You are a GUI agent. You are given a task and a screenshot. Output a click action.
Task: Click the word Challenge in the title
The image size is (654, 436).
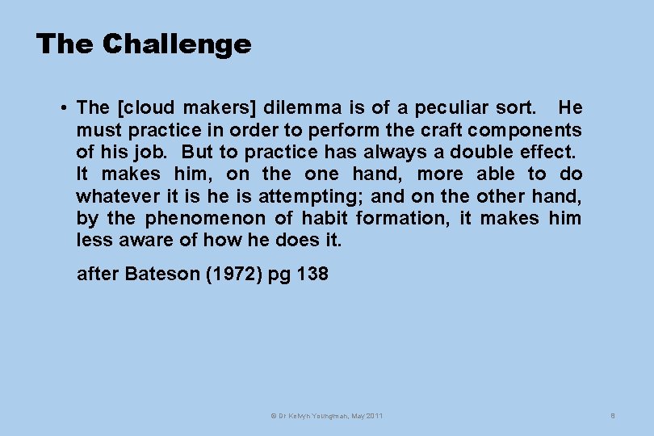177,44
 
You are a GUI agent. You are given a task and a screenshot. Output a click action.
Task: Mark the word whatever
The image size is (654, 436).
117,195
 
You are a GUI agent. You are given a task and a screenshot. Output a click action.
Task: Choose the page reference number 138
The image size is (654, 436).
312,274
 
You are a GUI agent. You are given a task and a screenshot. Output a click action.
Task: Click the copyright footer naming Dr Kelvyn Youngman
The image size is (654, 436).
327,415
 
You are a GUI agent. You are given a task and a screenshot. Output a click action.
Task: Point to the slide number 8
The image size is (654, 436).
613,415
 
